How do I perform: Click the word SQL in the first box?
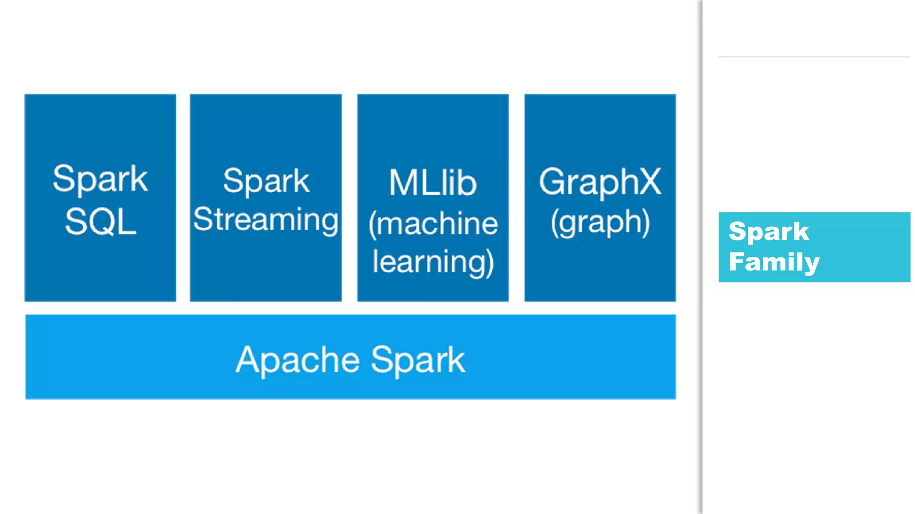[101, 222]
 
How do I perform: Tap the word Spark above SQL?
[101, 179]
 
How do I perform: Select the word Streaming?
[266, 220]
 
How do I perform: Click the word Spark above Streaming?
[266, 181]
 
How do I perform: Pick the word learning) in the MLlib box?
[432, 262]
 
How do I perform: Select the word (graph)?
[600, 222]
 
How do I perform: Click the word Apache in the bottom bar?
[298, 360]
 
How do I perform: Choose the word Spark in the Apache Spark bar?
[418, 360]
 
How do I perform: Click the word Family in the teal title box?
[774, 262]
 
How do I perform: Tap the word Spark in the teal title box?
[768, 231]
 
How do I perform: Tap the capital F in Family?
[737, 261]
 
